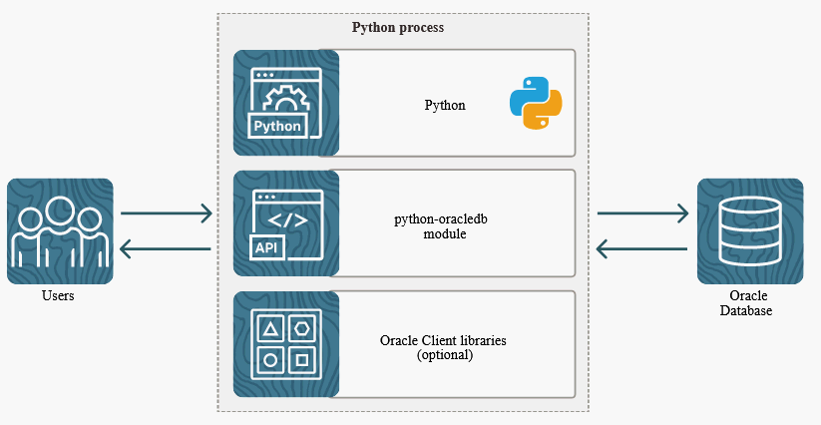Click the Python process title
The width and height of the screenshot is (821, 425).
click(398, 28)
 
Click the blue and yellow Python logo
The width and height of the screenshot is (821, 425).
click(536, 104)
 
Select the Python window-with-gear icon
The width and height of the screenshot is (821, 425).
click(286, 103)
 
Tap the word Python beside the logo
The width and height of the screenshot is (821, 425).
click(445, 105)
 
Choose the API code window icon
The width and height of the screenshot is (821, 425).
click(286, 223)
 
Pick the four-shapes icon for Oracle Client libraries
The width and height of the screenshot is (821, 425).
click(286, 343)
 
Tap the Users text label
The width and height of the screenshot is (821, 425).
click(59, 296)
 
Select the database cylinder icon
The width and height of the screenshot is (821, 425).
click(750, 230)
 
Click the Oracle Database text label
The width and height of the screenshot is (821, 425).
click(749, 304)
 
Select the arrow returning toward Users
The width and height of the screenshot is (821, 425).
click(166, 248)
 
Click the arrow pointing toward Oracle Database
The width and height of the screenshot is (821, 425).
click(643, 212)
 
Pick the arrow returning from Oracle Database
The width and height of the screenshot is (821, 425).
click(642, 248)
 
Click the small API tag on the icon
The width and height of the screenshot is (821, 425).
click(265, 245)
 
